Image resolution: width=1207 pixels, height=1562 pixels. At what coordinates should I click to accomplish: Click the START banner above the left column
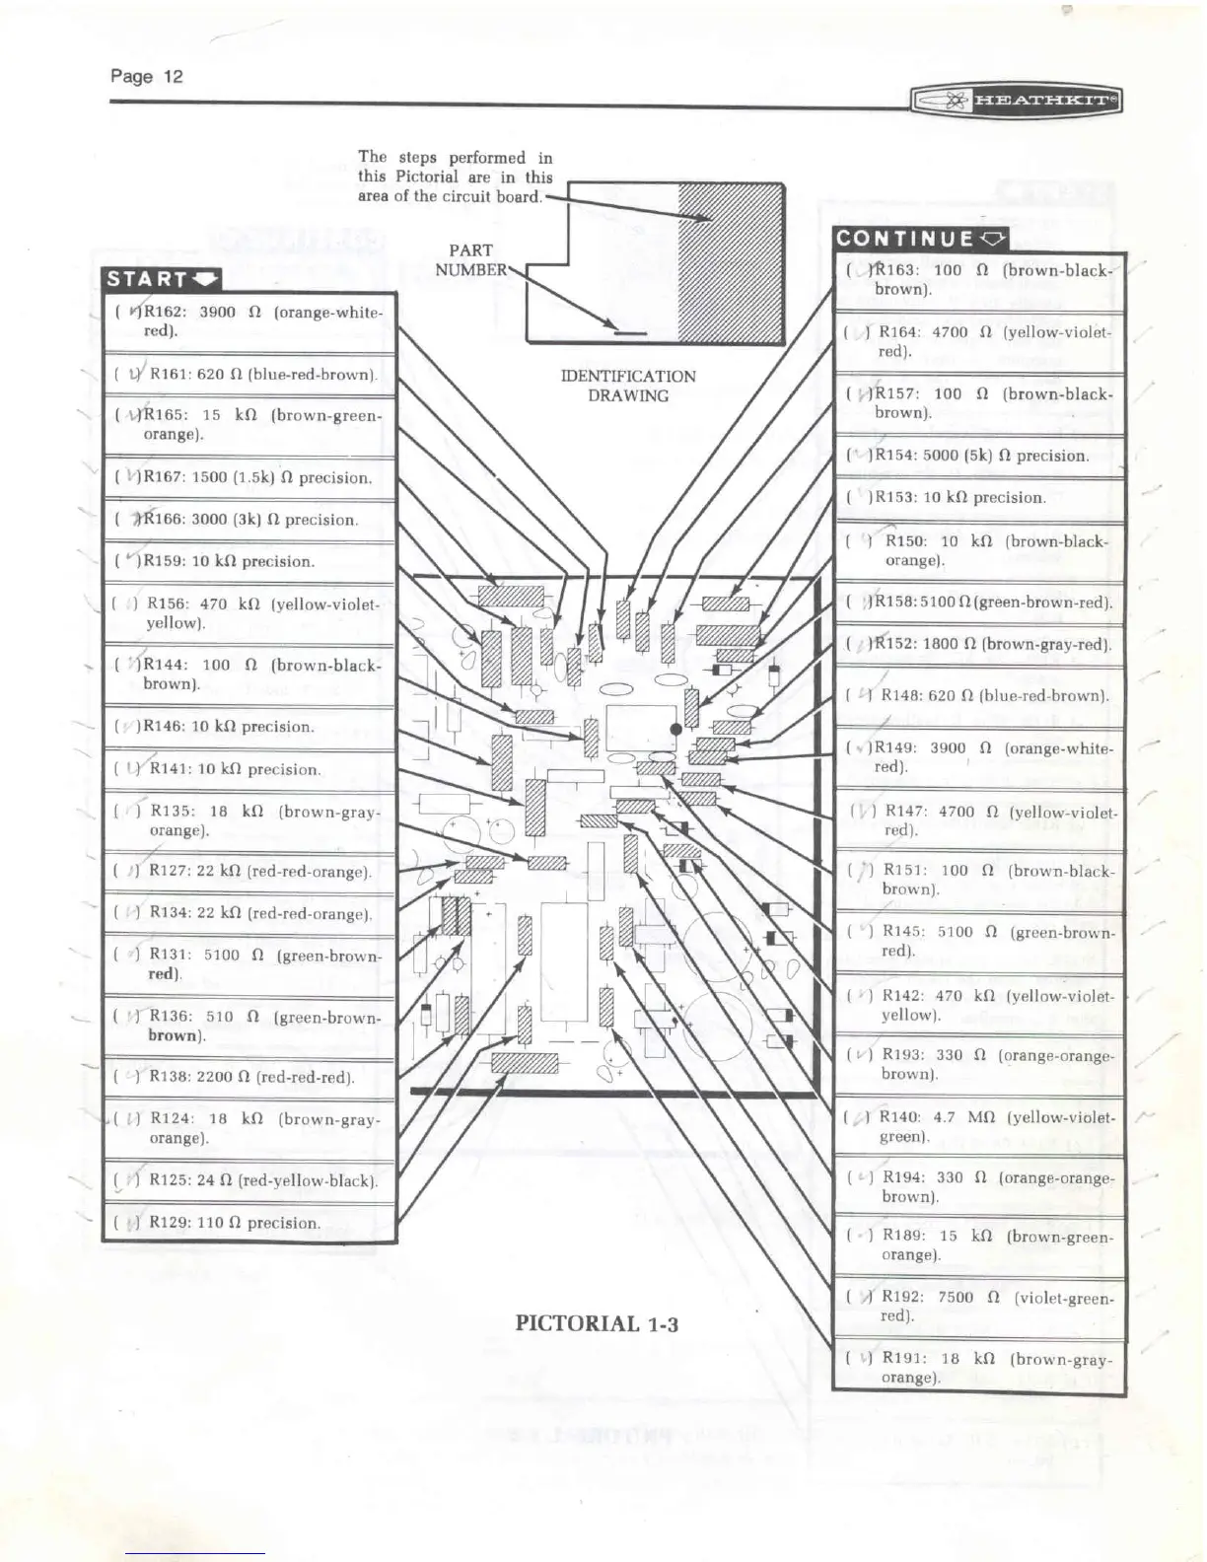pyautogui.click(x=162, y=279)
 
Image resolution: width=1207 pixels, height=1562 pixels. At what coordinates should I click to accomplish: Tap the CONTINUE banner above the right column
pyautogui.click(x=920, y=238)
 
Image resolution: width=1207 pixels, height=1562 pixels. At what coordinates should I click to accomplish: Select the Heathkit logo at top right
pyautogui.click(x=1016, y=101)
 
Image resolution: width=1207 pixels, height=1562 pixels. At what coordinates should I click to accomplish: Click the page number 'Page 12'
pyautogui.click(x=146, y=77)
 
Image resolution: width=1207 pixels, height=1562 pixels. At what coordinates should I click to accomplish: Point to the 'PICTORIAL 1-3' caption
pyautogui.click(x=597, y=1323)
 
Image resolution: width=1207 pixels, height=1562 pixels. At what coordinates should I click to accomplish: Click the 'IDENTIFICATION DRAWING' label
pyautogui.click(x=628, y=386)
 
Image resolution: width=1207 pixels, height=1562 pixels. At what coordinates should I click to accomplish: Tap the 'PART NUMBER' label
pyautogui.click(x=470, y=259)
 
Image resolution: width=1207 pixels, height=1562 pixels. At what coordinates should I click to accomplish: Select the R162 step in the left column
pyautogui.click(x=250, y=321)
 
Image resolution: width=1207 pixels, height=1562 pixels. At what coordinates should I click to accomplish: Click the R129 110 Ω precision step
pyautogui.click(x=250, y=1223)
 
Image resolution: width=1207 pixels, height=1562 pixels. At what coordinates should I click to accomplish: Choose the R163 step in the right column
pyautogui.click(x=980, y=280)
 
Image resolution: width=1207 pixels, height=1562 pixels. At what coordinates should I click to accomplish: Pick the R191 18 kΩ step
pyautogui.click(x=980, y=1368)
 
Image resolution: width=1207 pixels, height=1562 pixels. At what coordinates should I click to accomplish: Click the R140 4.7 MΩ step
pyautogui.click(x=980, y=1126)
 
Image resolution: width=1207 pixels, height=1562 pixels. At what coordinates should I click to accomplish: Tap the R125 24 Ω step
pyautogui.click(x=250, y=1180)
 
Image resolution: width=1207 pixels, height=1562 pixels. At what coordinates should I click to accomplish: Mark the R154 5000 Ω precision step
pyautogui.click(x=980, y=456)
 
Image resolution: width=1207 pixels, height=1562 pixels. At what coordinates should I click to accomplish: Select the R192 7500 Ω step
pyautogui.click(x=980, y=1307)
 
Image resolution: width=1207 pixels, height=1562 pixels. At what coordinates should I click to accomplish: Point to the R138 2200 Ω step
pyautogui.click(x=250, y=1077)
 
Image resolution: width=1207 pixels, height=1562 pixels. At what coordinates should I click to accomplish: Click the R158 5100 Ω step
pyautogui.click(x=980, y=602)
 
